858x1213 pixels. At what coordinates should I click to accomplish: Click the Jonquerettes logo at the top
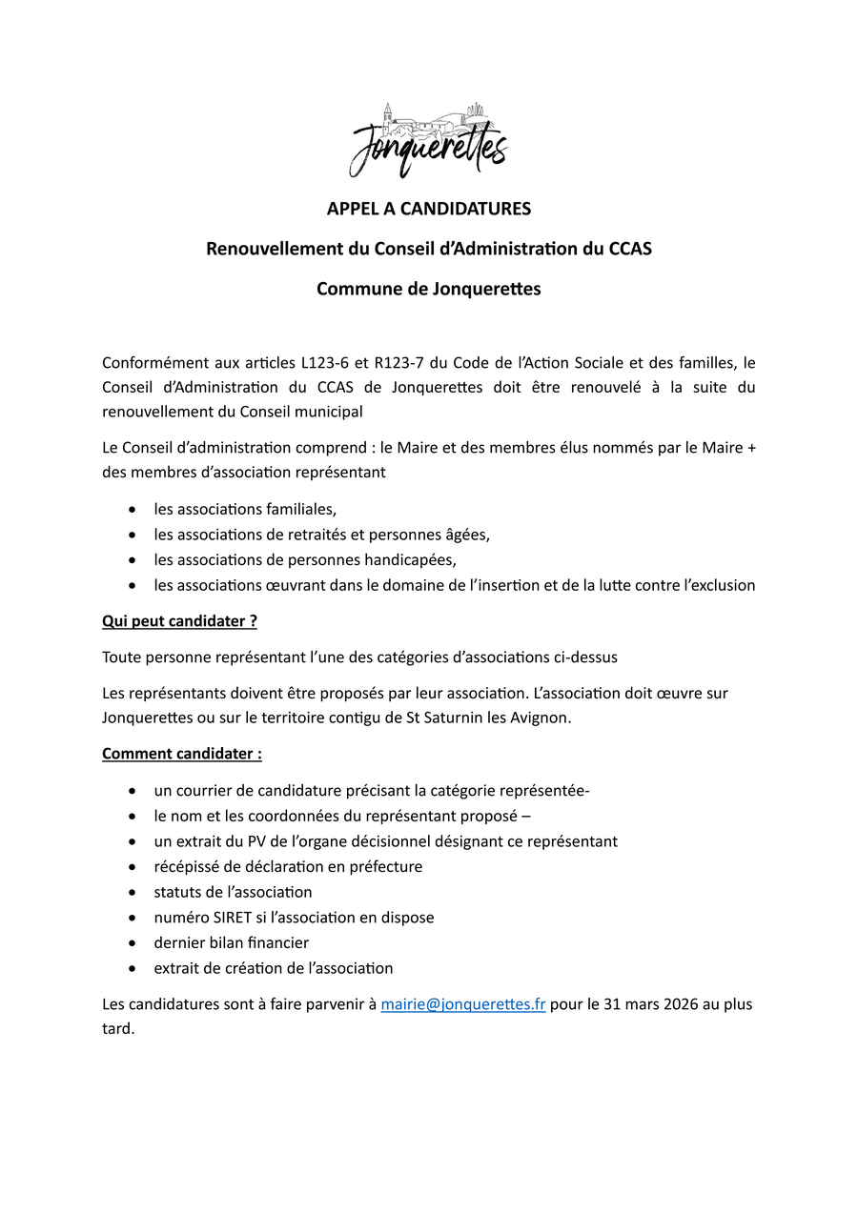(428, 141)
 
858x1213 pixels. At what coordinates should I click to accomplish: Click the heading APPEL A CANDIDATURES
(428, 209)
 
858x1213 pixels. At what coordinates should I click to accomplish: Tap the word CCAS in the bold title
(630, 249)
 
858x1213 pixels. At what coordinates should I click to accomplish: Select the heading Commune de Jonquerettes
(428, 289)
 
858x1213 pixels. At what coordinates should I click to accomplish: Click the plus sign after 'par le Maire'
(750, 447)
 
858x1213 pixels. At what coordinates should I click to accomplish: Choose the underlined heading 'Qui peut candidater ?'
(179, 621)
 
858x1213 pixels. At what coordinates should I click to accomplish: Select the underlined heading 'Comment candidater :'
(182, 754)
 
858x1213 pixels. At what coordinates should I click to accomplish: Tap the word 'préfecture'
(385, 867)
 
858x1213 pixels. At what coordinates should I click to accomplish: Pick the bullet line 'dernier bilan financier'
(231, 942)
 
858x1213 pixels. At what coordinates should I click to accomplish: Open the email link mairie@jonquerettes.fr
(462, 1004)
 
